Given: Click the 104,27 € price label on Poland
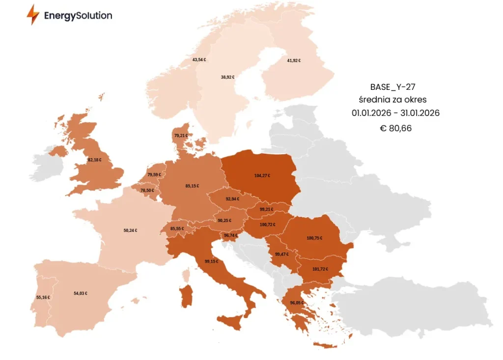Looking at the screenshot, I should (262, 175).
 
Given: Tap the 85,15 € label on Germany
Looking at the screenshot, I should (192, 186).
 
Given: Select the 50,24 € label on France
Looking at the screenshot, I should (130, 230).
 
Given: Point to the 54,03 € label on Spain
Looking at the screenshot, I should (81, 293).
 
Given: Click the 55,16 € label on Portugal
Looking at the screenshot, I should (43, 297).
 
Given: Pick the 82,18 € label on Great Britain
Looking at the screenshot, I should (94, 160).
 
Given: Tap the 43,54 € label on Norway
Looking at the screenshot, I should (199, 59).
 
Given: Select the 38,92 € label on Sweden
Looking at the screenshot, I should (227, 77).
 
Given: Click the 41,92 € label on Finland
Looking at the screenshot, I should (294, 60).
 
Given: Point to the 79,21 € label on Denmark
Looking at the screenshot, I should (181, 135).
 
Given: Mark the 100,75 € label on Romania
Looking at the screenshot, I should (314, 238).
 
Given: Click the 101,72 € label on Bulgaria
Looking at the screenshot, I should (320, 269).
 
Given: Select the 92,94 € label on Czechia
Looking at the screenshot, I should (232, 199).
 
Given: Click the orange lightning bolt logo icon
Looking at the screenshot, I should (33, 15).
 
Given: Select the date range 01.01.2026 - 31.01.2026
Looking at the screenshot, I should (395, 113).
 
